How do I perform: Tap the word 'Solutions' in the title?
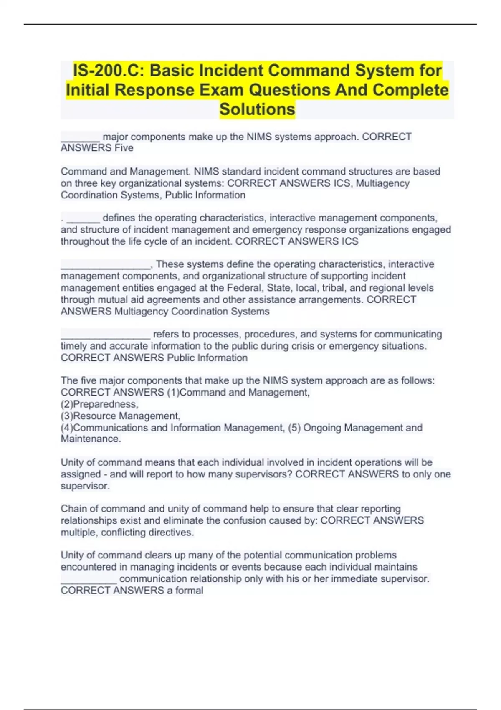[257, 109]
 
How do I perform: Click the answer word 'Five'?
[124, 148]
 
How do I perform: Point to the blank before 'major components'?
[81, 138]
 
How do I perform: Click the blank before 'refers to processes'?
[105, 335]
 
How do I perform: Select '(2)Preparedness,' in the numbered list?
[99, 404]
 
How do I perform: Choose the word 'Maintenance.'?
[91, 439]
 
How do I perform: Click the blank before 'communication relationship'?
[89, 579]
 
